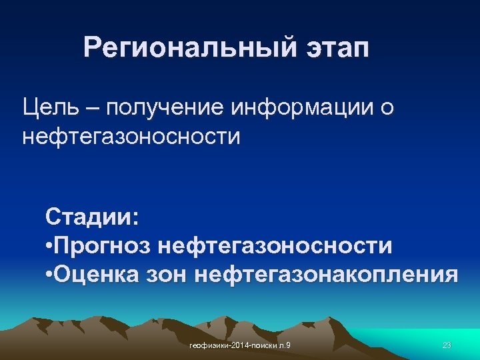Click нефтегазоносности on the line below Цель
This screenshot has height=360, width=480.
coord(131,137)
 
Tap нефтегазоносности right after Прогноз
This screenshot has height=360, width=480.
coord(275,246)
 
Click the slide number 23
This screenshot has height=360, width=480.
coord(447,345)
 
